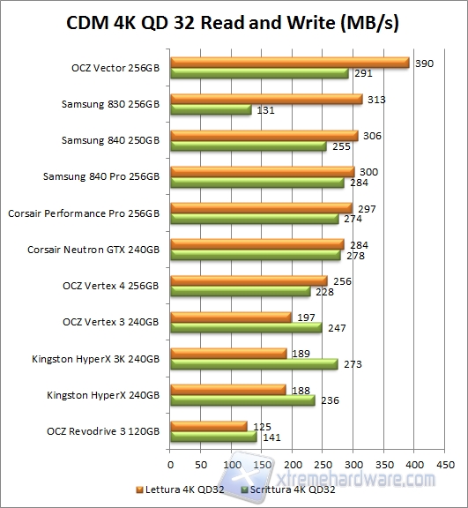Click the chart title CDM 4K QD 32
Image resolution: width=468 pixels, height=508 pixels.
pos(233,24)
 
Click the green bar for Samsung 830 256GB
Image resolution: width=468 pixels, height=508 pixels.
pos(210,109)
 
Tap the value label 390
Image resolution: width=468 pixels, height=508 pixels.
pos(423,62)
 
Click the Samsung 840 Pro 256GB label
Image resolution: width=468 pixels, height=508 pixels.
pos(101,176)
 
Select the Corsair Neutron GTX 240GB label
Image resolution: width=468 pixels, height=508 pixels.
pos(94,250)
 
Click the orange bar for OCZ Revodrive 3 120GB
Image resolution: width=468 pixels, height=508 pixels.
pos(208,426)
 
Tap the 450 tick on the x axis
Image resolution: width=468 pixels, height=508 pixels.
pos(444,463)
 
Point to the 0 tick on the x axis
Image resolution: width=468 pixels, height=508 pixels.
pos(169,463)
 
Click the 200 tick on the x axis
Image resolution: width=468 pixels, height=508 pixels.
pos(292,463)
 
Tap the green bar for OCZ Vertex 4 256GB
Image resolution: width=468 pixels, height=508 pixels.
pos(240,291)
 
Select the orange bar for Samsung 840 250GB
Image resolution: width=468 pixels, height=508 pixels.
pos(264,136)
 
